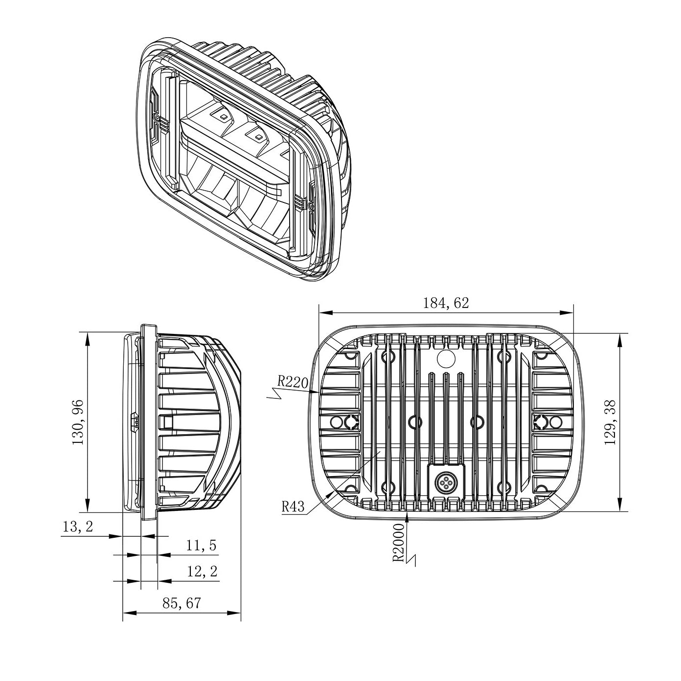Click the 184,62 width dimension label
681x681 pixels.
click(x=445, y=303)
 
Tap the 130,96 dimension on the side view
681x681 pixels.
click(x=78, y=422)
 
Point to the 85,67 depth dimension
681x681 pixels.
click(x=182, y=603)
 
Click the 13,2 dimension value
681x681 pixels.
click(x=78, y=527)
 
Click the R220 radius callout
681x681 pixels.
click(x=292, y=380)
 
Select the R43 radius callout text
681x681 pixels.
click(x=293, y=507)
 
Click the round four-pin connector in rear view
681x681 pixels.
click(x=446, y=483)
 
